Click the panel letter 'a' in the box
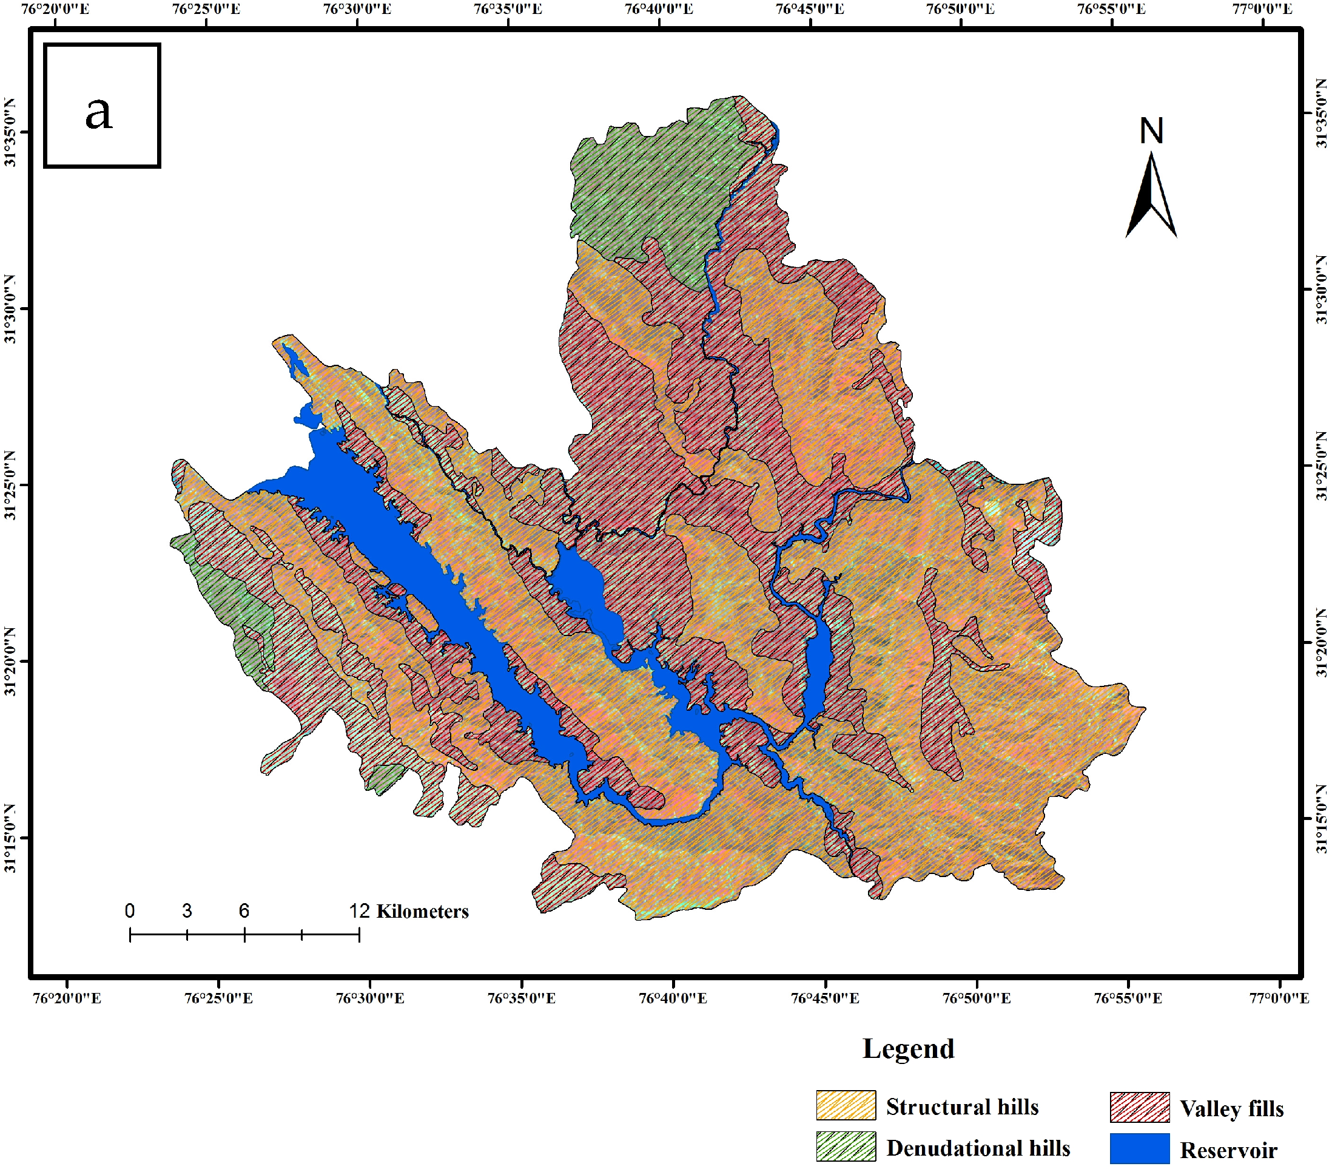pyautogui.click(x=99, y=112)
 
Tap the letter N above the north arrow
pyautogui.click(x=1151, y=131)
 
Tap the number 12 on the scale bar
pyautogui.click(x=359, y=910)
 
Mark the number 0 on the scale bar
pyautogui.click(x=130, y=910)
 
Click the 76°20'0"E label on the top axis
pyautogui.click(x=55, y=8)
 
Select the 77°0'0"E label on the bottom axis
pyautogui.click(x=1279, y=998)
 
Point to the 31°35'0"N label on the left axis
pyautogui.click(x=10, y=132)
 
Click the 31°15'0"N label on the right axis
pyautogui.click(x=1321, y=819)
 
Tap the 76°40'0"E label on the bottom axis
pyautogui.click(x=673, y=998)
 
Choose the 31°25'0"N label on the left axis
pyautogui.click(x=10, y=485)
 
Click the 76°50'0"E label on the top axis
pyautogui.click(x=961, y=8)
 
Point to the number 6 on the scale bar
pyautogui.click(x=244, y=910)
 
